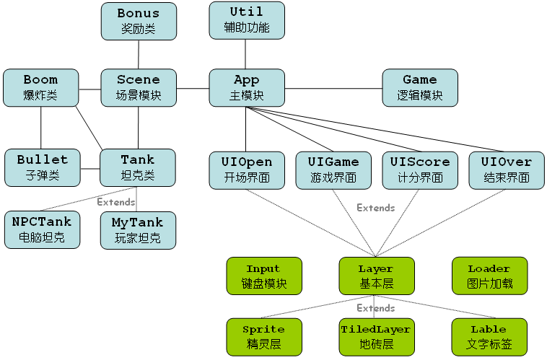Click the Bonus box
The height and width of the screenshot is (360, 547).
coord(137,21)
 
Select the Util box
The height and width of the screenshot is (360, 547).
coord(247,20)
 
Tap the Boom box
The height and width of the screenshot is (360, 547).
coord(40,87)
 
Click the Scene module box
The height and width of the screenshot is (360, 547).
coord(137,87)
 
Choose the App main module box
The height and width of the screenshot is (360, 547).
coord(247,87)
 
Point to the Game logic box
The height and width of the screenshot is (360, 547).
coord(420,87)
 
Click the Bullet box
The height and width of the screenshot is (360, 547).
coord(42,167)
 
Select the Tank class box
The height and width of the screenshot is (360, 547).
coord(137,167)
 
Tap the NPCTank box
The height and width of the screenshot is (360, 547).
coord(42,229)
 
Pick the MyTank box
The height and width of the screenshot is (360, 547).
coord(137,229)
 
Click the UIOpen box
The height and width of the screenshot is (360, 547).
coord(247,170)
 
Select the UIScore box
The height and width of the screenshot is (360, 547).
coord(420,170)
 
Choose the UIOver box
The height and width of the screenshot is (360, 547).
coord(506,170)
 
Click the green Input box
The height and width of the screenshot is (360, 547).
coord(263,276)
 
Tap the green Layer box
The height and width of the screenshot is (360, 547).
coord(376,276)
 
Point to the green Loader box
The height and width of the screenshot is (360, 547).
coord(489,276)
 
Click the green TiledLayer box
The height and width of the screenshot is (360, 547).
coord(376,336)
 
